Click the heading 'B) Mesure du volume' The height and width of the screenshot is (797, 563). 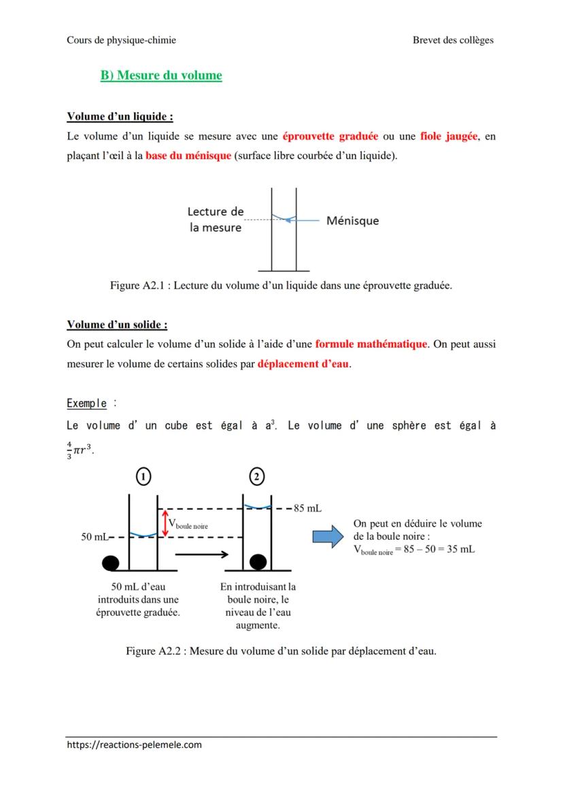[x=161, y=76]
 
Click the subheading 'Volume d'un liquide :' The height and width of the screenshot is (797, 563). [x=115, y=116]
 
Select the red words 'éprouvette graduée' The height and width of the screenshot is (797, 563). [x=330, y=136]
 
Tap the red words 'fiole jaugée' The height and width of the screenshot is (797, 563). [x=449, y=136]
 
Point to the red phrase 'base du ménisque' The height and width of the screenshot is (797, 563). [x=188, y=156]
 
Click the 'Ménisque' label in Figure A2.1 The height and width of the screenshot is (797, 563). [x=352, y=221]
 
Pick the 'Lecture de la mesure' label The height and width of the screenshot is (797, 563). [x=216, y=220]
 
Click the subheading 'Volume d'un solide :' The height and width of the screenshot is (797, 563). [x=117, y=325]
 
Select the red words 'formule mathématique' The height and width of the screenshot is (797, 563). [x=371, y=344]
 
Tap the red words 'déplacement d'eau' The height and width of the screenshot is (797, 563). [x=303, y=363]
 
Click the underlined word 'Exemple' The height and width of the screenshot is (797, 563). [x=86, y=404]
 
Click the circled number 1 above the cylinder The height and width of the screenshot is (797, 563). [x=143, y=478]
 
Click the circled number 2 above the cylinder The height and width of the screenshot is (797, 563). [x=257, y=478]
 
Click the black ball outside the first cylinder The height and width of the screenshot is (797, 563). [x=111, y=562]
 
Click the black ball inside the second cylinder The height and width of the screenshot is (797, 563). [x=258, y=562]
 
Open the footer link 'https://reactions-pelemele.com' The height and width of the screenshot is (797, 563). [x=135, y=745]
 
